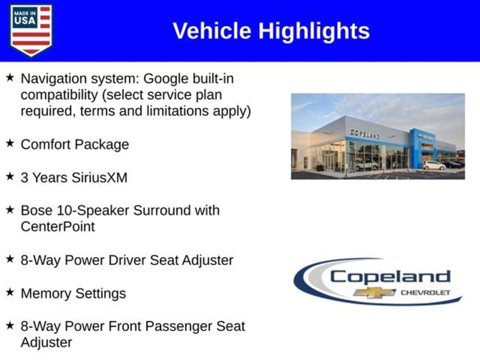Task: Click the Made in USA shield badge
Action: click(31, 30)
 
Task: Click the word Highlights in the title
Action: click(314, 31)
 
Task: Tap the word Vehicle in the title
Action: click(212, 31)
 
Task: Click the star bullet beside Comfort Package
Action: click(10, 143)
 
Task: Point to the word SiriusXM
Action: click(99, 178)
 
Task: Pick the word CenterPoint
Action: click(58, 227)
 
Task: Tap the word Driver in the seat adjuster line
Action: click(127, 260)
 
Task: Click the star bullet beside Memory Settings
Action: click(10, 292)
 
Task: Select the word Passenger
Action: click(179, 327)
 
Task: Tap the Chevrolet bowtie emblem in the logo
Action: click(375, 292)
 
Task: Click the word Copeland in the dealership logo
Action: click(390, 277)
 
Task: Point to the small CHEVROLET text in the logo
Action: click(426, 292)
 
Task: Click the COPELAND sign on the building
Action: click(365, 134)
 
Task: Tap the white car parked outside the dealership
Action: click(434, 165)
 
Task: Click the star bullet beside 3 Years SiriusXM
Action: click(10, 176)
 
